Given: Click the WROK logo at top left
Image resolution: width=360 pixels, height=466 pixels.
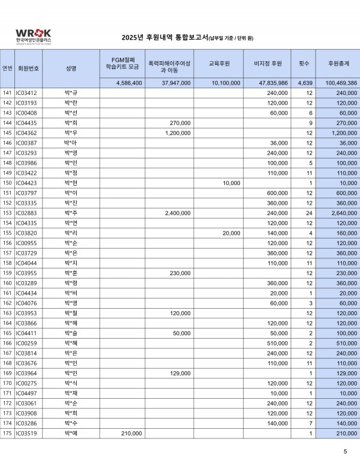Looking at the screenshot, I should [34, 35].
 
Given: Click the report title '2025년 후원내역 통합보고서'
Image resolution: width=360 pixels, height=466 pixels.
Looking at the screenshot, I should [164, 38].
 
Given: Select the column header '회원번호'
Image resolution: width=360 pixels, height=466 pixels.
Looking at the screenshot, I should [29, 68].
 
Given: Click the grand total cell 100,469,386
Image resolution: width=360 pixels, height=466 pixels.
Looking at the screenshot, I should [340, 83].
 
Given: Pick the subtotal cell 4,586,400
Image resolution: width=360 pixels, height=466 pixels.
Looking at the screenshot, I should [128, 83].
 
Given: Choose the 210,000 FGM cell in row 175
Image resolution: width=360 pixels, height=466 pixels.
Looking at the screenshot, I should [131, 433].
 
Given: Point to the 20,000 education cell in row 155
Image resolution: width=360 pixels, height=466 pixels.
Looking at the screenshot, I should [231, 232].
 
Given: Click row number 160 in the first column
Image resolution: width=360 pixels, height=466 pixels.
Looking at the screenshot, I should [7, 282].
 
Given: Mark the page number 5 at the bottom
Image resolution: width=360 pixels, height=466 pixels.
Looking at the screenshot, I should [345, 451].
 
